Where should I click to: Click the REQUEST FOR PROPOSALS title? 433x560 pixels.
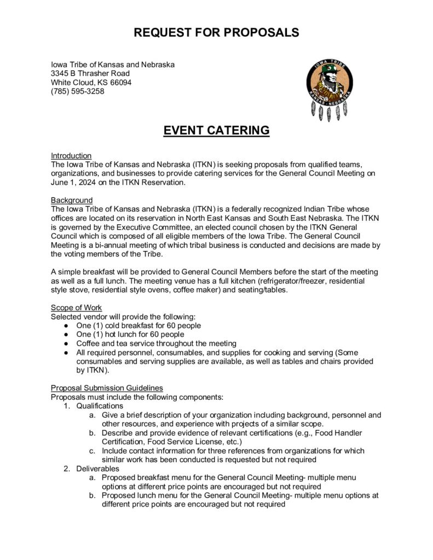click(216, 33)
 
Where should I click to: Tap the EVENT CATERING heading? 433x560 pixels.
click(216, 131)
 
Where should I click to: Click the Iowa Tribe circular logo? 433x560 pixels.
click(329, 83)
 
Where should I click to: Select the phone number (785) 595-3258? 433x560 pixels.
click(78, 91)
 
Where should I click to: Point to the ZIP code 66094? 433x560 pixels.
click(120, 83)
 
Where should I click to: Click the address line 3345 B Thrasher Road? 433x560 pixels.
click(90, 73)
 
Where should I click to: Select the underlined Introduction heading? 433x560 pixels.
click(71, 156)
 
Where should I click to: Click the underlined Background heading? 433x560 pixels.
click(72, 200)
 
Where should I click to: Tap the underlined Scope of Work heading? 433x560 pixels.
click(76, 307)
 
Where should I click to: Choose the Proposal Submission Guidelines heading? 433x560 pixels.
click(107, 388)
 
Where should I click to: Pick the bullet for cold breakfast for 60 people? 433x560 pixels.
click(66, 326)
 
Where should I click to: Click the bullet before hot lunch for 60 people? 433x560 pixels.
click(66, 335)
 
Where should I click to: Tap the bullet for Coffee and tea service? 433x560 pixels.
click(66, 344)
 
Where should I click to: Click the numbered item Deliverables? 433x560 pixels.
click(96, 469)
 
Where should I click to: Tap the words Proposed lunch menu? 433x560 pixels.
click(135, 495)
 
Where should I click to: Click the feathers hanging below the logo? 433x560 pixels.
click(329, 112)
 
